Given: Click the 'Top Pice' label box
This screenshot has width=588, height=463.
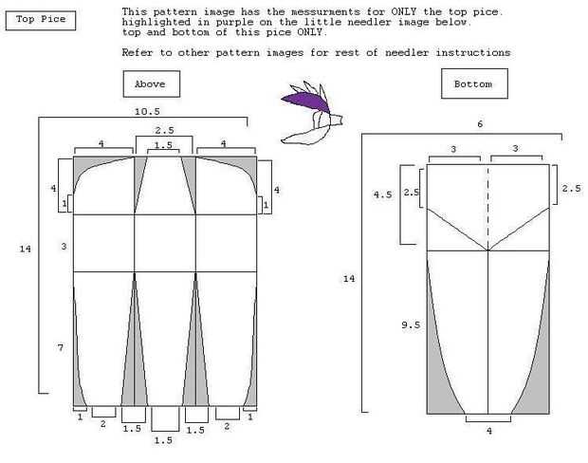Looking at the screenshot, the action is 41,20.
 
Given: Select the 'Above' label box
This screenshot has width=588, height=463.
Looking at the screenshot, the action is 152,83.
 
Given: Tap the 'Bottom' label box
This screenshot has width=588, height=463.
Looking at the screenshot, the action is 474,83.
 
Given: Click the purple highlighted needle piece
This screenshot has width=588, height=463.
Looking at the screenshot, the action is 305,102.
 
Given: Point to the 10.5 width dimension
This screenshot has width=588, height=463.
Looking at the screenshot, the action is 147,111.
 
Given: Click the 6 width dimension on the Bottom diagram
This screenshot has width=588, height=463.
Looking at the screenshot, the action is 480,124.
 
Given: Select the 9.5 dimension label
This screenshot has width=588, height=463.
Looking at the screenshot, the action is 411,324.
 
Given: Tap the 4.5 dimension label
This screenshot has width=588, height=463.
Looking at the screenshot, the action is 382,194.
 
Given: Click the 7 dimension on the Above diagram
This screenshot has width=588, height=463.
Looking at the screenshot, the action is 61,348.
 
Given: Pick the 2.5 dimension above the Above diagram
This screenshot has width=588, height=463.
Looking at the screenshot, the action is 165,130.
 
